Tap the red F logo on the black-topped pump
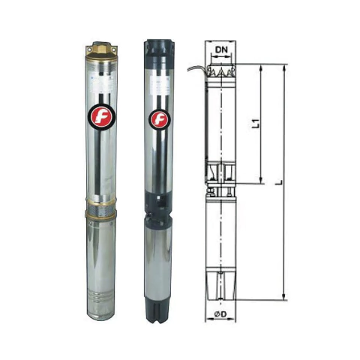159,118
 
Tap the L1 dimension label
256,123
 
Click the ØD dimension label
220,313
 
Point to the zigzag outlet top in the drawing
222,71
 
